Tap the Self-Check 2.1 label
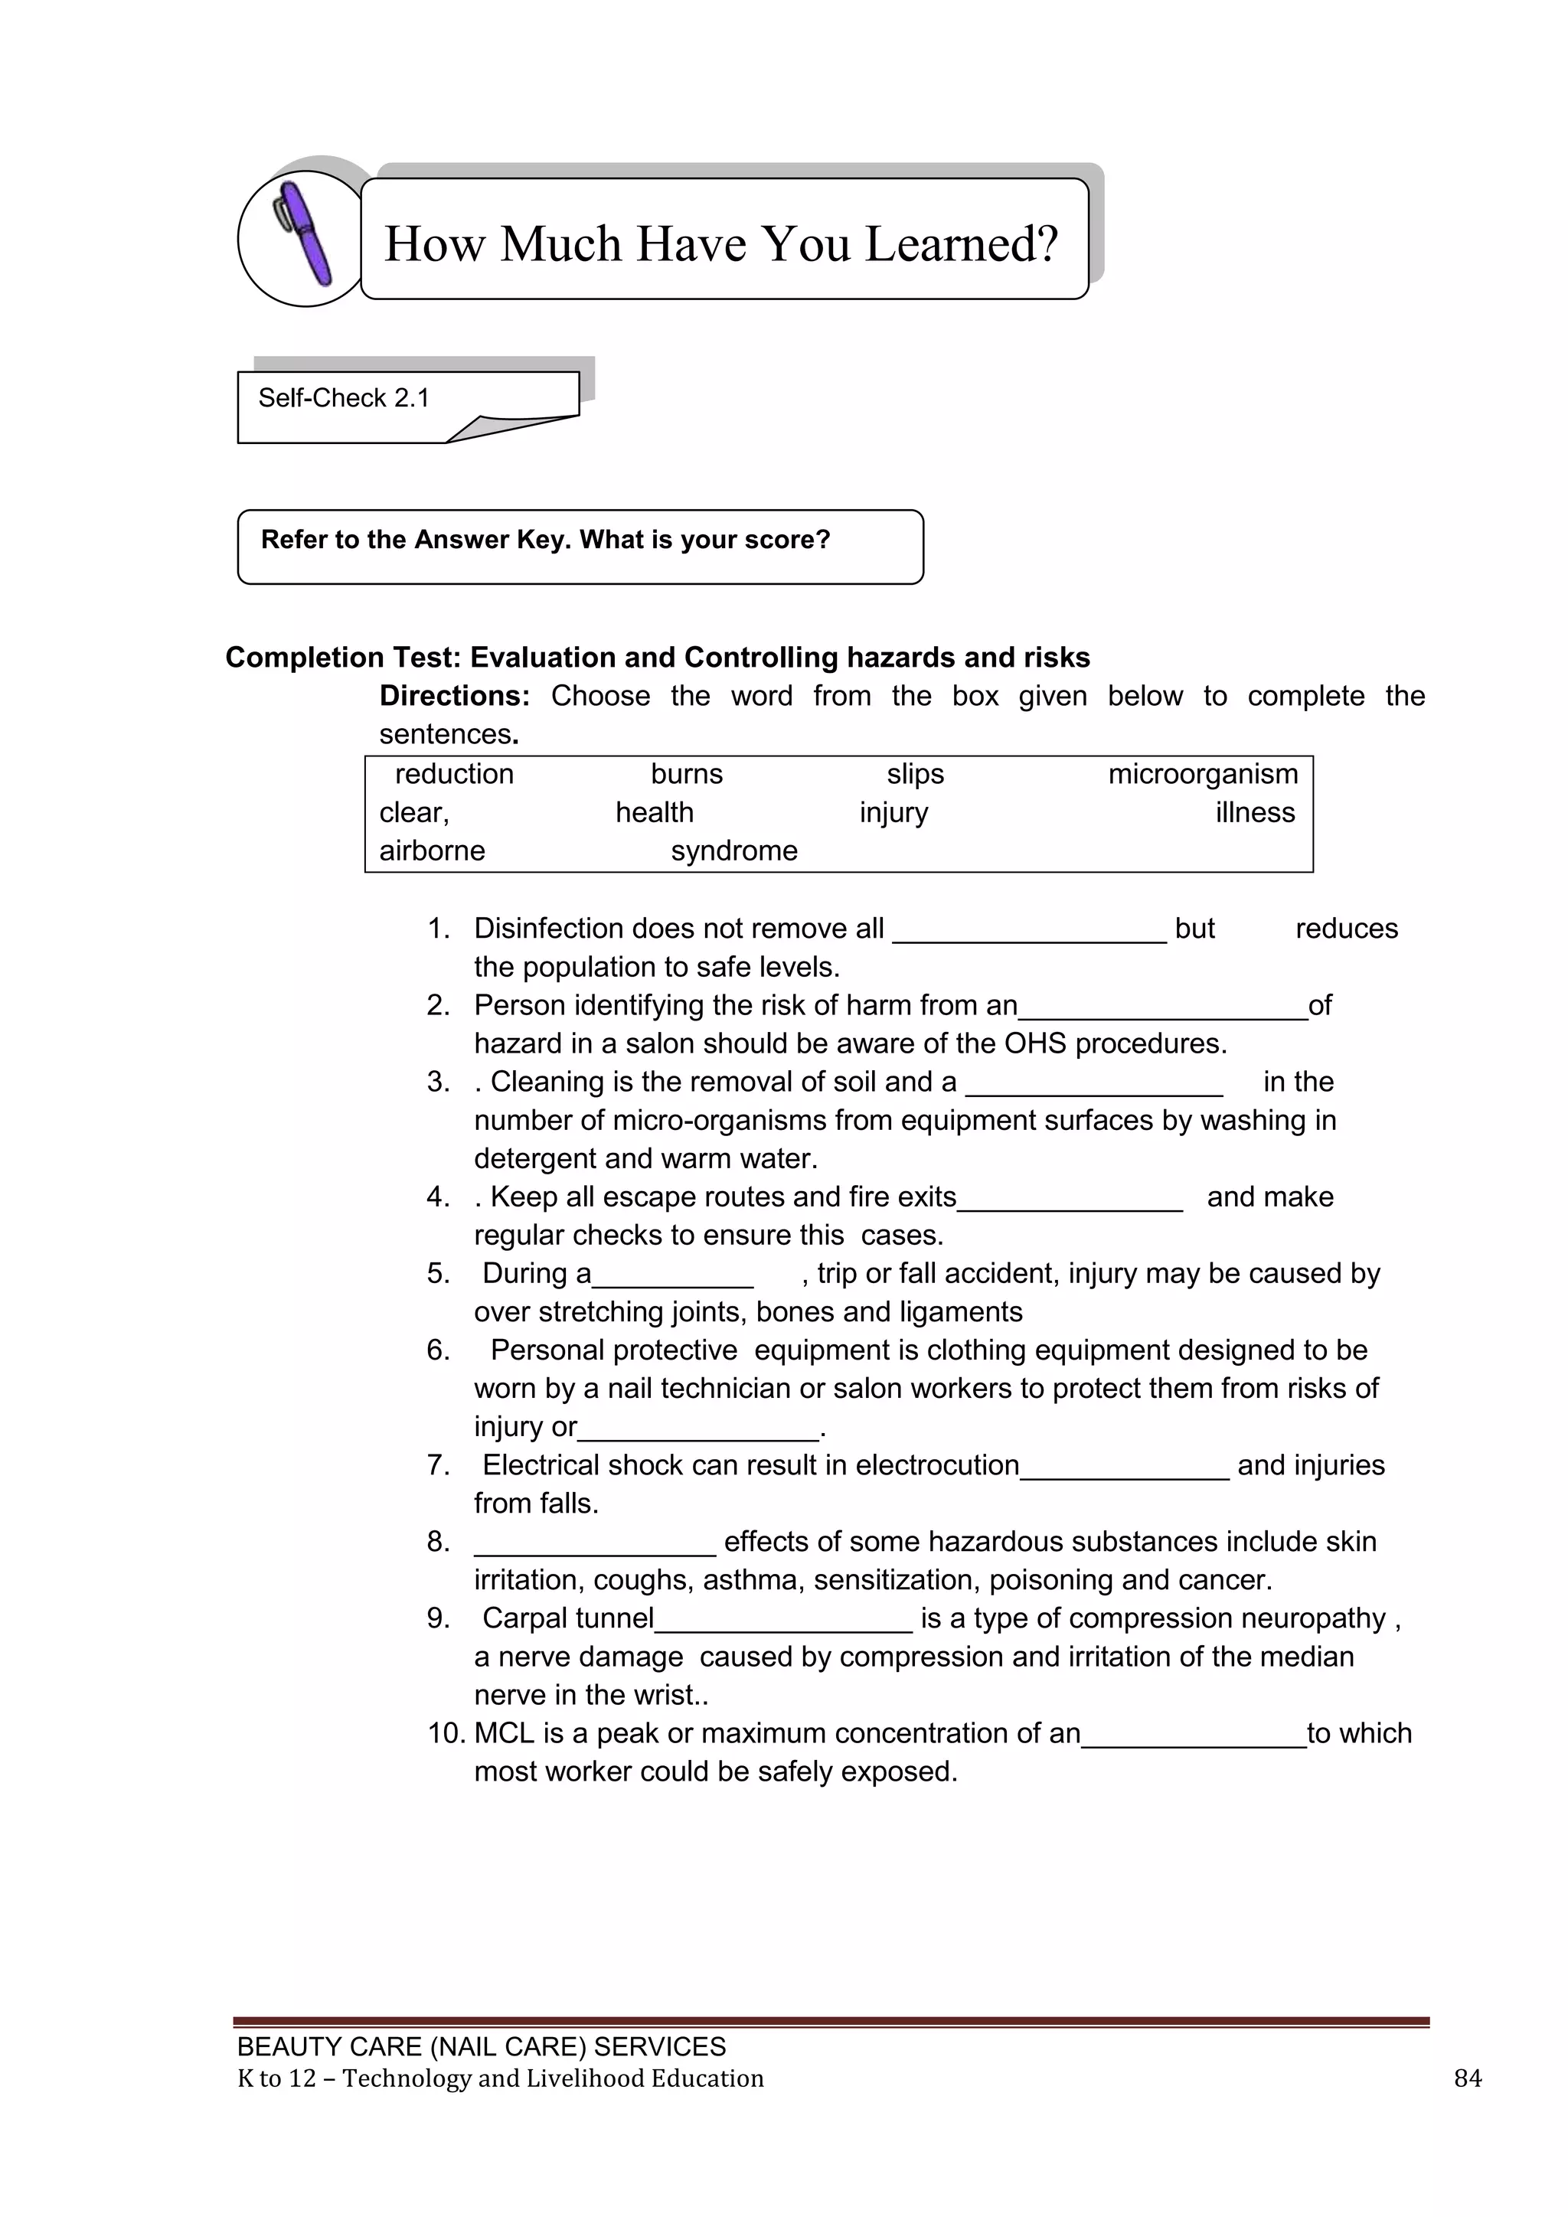pos(344,398)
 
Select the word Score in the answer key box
pos(788,540)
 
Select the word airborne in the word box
pos(432,851)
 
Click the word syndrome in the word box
pos(733,851)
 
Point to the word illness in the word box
pos(1254,813)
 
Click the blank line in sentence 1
pos(1029,932)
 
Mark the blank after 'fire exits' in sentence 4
pos(1070,1201)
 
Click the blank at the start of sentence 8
pos(595,1546)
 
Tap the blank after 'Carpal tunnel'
pos(783,1622)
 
